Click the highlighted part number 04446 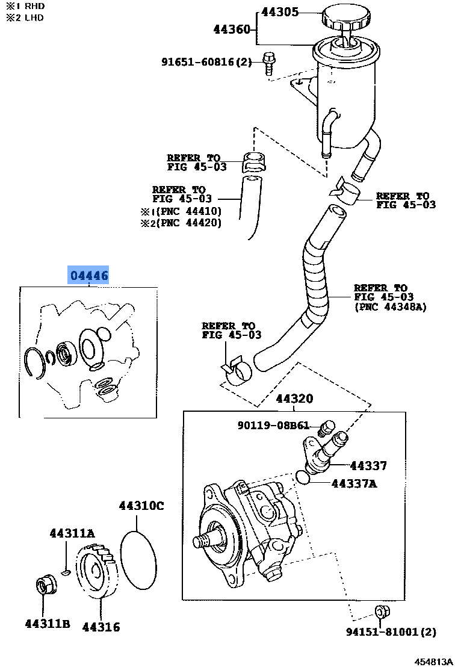[89, 276]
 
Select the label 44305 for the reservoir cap [281, 12]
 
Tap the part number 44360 [232, 29]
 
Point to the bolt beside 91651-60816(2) [268, 63]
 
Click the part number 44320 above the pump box [294, 399]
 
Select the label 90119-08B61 [273, 426]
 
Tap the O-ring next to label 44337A [304, 477]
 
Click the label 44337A [354, 483]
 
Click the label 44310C [141, 506]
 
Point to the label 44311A [72, 533]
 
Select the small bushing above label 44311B [44, 585]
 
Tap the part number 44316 [101, 627]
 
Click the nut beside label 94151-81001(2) [380, 612]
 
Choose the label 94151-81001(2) [391, 632]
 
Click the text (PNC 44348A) [390, 306]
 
